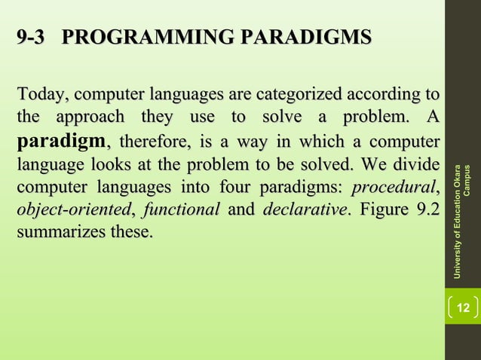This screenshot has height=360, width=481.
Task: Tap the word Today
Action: (x=40, y=96)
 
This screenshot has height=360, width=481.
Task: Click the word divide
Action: (x=415, y=163)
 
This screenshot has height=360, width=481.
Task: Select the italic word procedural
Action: (x=394, y=186)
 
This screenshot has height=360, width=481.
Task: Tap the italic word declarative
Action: (x=302, y=209)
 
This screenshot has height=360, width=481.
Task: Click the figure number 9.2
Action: (x=425, y=209)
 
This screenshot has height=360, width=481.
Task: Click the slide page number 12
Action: (x=463, y=307)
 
